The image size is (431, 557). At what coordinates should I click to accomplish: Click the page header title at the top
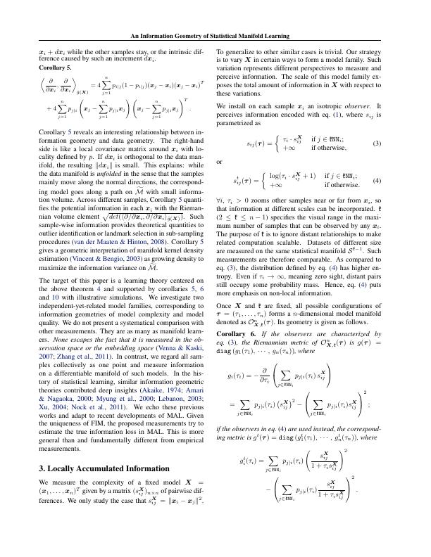[216, 36]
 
